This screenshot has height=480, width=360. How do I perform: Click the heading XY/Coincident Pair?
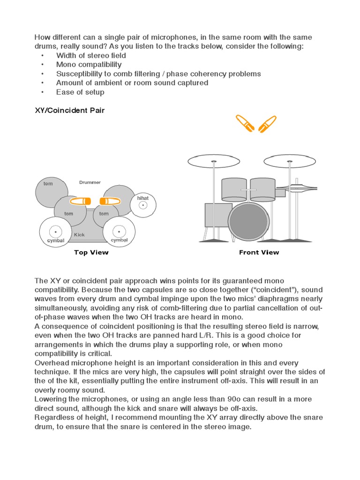pos(70,110)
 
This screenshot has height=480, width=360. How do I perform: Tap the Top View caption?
pos(91,253)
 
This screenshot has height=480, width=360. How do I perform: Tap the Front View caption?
pos(259,253)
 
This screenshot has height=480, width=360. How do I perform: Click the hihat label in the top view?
pos(142,198)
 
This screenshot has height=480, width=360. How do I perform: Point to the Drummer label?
pos(90,182)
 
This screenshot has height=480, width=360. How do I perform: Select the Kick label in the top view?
pos(79,234)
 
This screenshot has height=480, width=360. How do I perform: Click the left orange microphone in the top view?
pos(80,201)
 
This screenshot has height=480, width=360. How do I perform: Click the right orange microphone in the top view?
pos(110,201)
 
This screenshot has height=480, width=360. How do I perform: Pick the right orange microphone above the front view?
pos(268,123)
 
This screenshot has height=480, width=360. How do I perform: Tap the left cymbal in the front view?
pos(214,162)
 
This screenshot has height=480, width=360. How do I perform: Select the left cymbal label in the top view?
pos(55,240)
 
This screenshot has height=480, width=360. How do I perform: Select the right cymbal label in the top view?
pos(119,240)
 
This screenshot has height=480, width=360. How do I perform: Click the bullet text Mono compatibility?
pos(89,65)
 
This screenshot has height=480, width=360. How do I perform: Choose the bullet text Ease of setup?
pos(80,92)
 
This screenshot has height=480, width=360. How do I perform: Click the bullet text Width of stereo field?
pos(91,55)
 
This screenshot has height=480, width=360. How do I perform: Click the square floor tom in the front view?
pos(218,215)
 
